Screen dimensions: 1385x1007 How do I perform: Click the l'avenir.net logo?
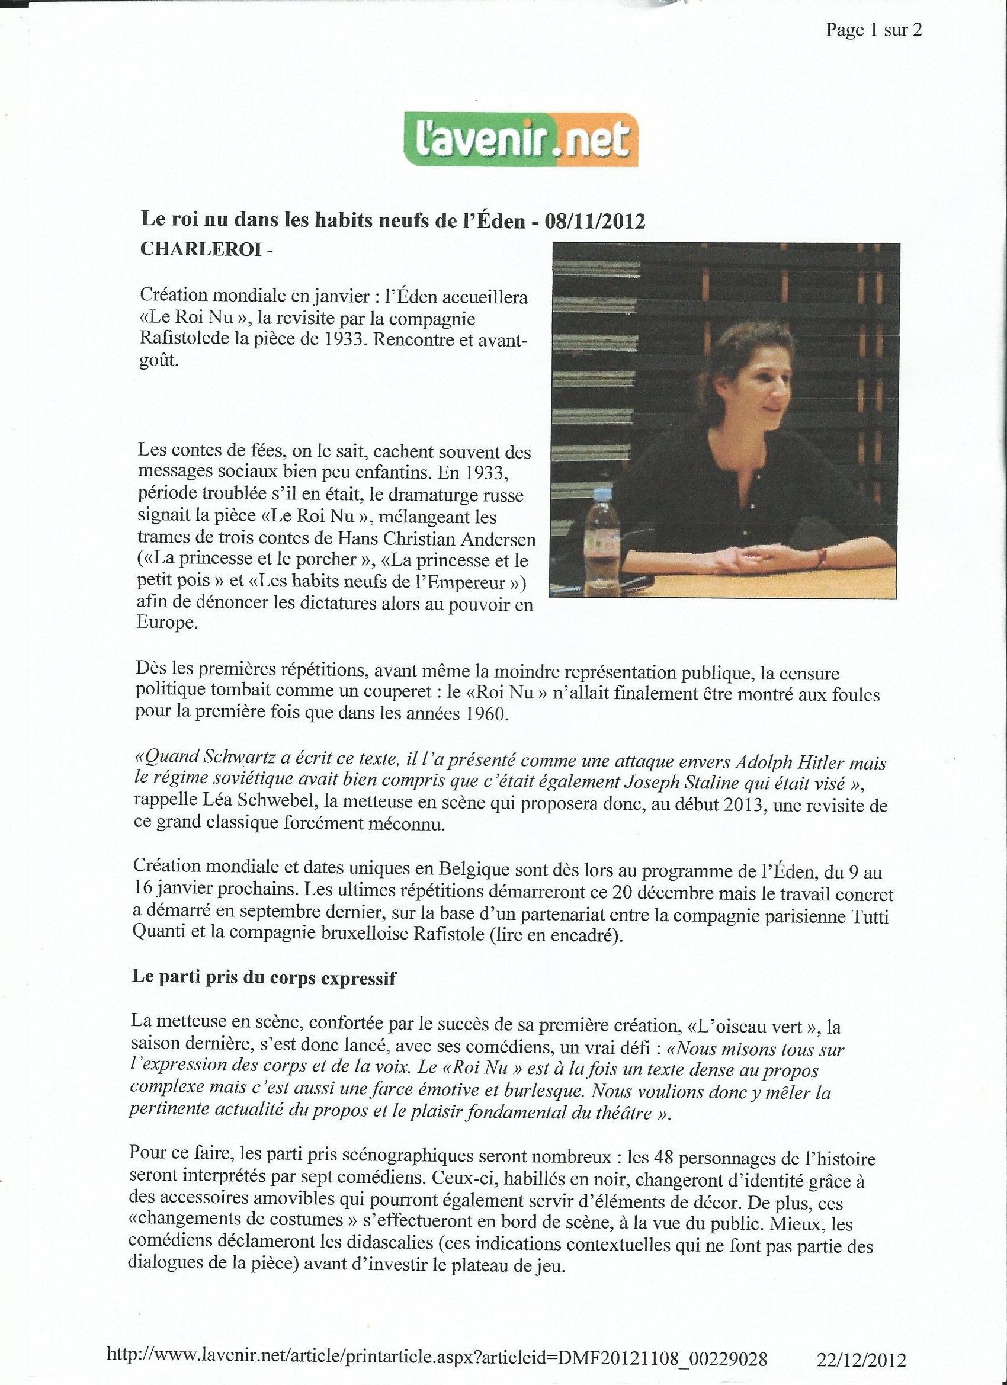(521, 140)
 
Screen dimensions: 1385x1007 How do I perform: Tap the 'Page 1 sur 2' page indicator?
(873, 30)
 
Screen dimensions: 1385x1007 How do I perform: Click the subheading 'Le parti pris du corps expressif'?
(264, 978)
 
